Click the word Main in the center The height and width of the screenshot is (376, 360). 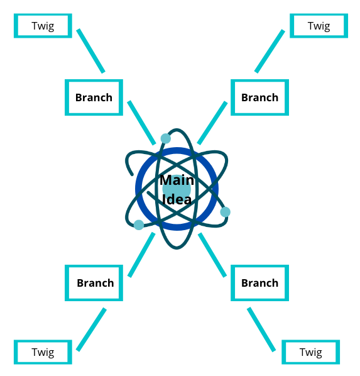click(x=177, y=180)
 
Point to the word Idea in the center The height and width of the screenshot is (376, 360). click(x=177, y=199)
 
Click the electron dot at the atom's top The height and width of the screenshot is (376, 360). click(x=166, y=138)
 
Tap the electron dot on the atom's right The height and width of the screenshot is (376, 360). click(x=226, y=212)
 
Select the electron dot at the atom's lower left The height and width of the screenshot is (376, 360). click(x=139, y=225)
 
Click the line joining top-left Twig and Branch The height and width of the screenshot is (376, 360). click(x=90, y=51)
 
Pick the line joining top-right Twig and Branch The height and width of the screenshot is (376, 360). click(x=270, y=51)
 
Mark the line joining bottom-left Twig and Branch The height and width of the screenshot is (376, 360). click(x=91, y=329)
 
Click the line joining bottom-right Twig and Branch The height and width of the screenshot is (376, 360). click(x=261, y=329)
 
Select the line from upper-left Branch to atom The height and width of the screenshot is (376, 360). click(x=141, y=123)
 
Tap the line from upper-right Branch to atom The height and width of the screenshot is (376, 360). click(x=212, y=123)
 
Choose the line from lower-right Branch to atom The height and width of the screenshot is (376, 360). click(x=212, y=255)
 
